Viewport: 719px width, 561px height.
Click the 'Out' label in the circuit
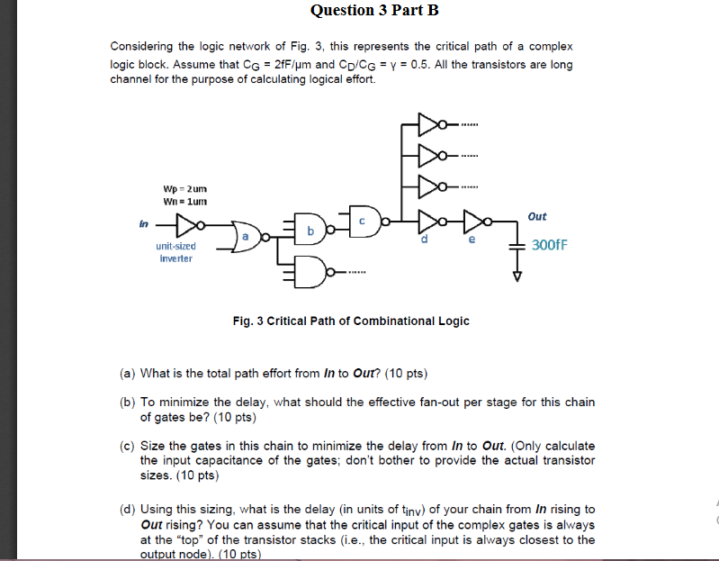[x=537, y=216]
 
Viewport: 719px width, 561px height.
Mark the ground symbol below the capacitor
[x=517, y=277]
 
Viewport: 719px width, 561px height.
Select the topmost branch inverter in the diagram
[x=430, y=124]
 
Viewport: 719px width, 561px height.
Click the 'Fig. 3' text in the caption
[x=247, y=321]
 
